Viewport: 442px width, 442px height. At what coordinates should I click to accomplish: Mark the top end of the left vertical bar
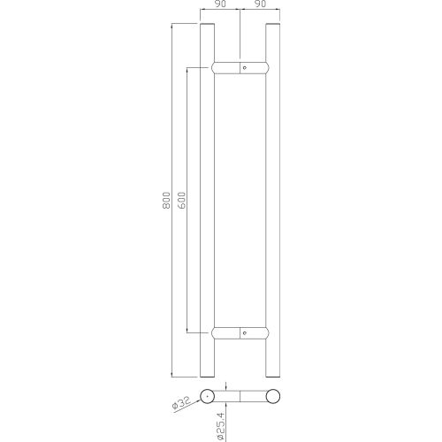click(207, 25)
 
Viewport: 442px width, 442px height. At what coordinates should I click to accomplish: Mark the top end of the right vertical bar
click(274, 25)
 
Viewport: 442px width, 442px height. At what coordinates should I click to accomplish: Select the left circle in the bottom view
click(207, 396)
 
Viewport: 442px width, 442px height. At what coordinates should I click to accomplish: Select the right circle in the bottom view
click(274, 396)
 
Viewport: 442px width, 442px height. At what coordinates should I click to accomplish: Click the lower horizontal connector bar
click(240, 333)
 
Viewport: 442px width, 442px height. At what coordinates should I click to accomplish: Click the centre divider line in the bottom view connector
click(240, 396)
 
